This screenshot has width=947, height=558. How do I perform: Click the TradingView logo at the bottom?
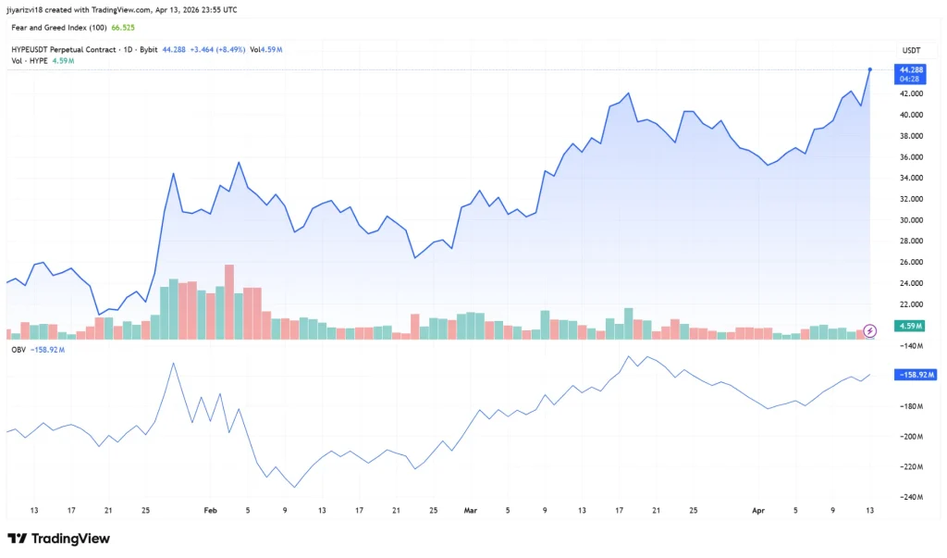click(x=58, y=539)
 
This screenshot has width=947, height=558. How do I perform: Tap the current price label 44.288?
click(x=911, y=69)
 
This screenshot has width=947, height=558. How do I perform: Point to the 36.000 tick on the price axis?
click(x=910, y=157)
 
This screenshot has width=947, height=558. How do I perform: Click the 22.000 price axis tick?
click(x=910, y=304)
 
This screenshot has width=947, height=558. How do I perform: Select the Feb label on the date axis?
click(x=210, y=510)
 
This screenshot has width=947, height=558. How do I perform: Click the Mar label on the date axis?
click(x=470, y=510)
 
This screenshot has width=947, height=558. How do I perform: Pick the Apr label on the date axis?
click(x=758, y=510)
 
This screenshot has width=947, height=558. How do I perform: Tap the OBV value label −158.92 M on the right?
click(x=916, y=375)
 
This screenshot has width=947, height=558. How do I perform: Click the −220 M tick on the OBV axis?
click(x=913, y=466)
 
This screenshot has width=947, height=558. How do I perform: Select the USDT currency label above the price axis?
click(x=911, y=49)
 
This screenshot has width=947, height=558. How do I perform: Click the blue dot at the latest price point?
click(x=870, y=69)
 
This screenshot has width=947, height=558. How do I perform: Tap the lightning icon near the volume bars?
click(x=869, y=330)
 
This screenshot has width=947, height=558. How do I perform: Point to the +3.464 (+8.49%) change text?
click(x=219, y=49)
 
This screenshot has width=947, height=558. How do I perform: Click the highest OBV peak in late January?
click(x=173, y=364)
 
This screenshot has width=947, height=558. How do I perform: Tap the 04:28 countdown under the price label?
click(x=911, y=80)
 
